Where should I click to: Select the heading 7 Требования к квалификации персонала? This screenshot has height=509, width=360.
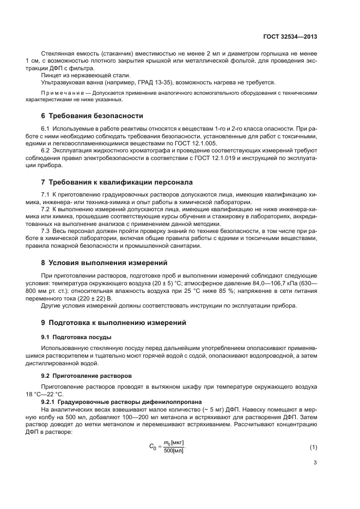coord(117,181)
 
